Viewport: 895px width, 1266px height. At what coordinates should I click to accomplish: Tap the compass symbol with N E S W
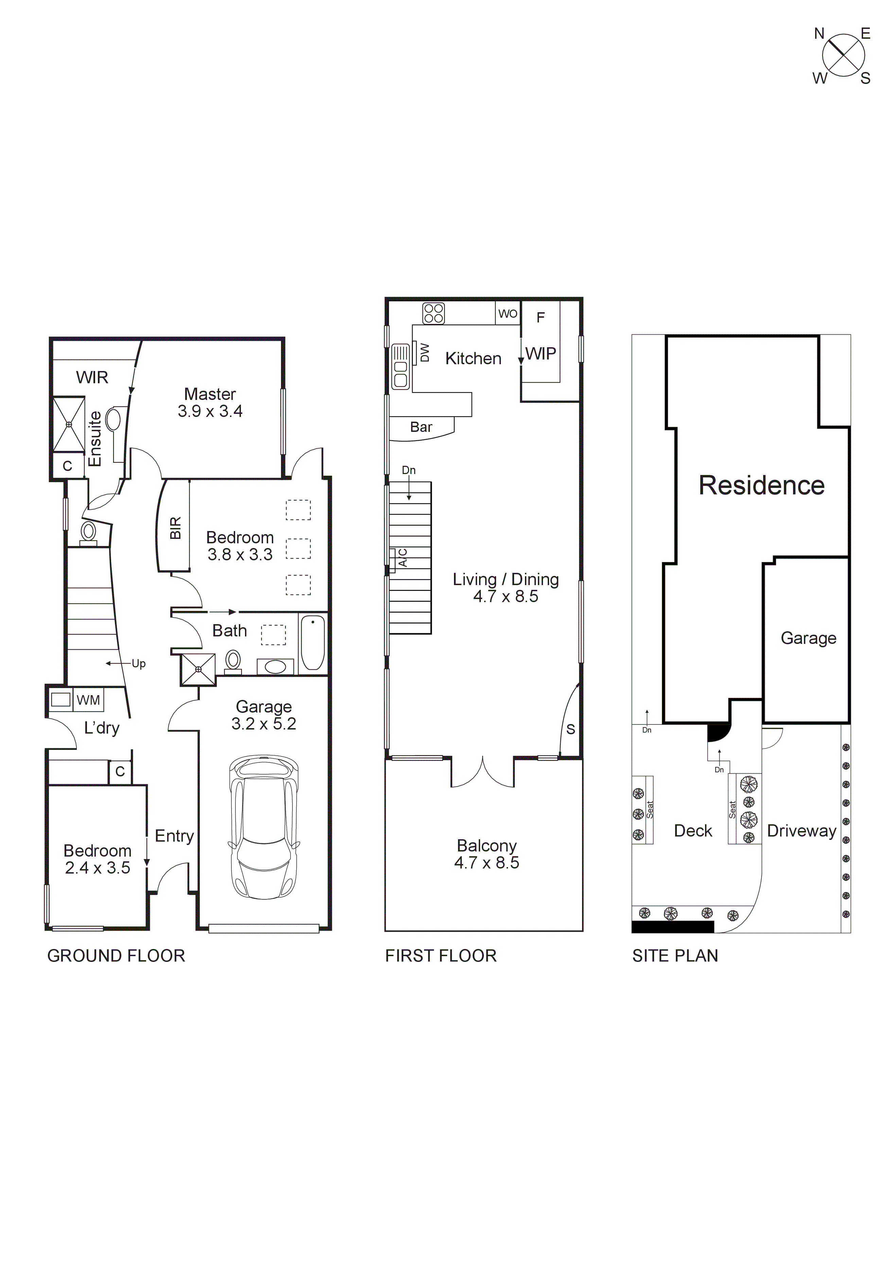(843, 55)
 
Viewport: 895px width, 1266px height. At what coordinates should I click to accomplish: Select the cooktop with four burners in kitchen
(434, 313)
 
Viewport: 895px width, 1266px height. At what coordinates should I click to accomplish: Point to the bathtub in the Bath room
(313, 643)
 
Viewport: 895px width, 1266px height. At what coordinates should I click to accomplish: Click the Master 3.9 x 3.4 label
(210, 403)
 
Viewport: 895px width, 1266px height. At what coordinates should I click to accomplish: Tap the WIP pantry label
(540, 353)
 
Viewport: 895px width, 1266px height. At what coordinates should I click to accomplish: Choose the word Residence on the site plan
(761, 485)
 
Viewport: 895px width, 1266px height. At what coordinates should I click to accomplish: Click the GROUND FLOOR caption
(116, 955)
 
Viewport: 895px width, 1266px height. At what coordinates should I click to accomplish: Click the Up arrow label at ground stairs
(138, 663)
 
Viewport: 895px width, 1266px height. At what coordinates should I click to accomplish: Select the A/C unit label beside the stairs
(403, 558)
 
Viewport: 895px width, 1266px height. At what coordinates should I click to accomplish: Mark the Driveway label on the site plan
(801, 831)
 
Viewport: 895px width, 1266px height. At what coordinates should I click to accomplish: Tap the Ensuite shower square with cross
(69, 424)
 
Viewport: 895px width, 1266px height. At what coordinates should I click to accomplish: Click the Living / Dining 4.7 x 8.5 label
(506, 587)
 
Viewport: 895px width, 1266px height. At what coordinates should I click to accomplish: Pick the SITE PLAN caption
(675, 955)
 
